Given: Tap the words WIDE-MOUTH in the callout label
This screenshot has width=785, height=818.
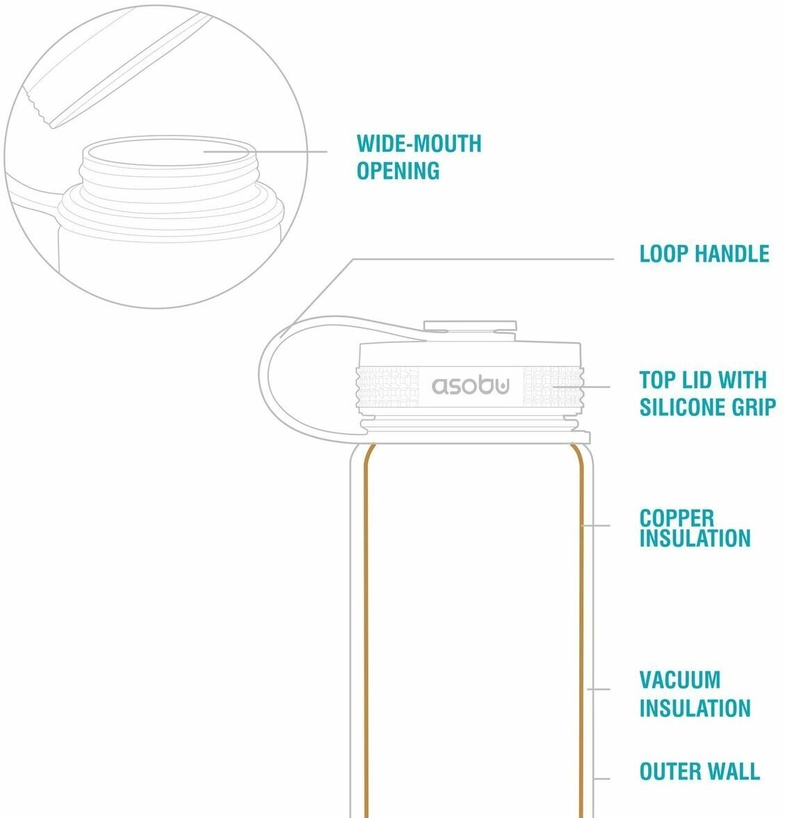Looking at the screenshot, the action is pyautogui.click(x=419, y=144).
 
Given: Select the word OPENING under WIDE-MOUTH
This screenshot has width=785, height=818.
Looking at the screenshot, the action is pyautogui.click(x=398, y=170).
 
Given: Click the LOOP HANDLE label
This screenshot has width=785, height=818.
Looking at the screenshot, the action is pyautogui.click(x=704, y=254).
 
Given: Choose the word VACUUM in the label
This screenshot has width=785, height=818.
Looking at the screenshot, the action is pyautogui.click(x=679, y=680).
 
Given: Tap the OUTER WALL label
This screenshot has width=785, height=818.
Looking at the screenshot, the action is pyautogui.click(x=699, y=771).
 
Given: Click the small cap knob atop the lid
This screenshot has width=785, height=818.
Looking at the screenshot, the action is pyautogui.click(x=470, y=326).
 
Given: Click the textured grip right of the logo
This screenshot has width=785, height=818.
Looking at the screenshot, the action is pyautogui.click(x=551, y=386).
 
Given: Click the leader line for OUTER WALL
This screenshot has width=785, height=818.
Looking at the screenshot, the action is pyautogui.click(x=602, y=778).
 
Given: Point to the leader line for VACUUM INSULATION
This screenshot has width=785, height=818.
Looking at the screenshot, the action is pyautogui.click(x=599, y=689).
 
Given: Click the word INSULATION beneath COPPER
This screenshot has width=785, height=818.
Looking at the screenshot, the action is pyautogui.click(x=695, y=538).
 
